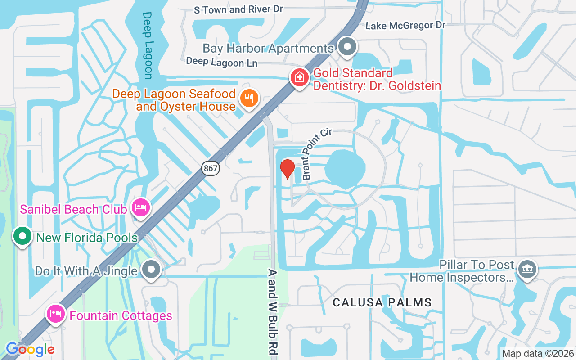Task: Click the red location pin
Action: (x=287, y=169)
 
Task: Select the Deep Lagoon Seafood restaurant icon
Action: (x=248, y=99)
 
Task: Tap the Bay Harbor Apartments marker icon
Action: (x=347, y=47)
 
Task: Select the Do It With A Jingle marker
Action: (x=151, y=270)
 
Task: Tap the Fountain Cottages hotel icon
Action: (x=55, y=314)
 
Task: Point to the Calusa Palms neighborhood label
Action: (x=382, y=302)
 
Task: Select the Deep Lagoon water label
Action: (x=147, y=45)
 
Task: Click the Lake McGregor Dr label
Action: (x=405, y=26)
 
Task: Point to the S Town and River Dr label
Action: (x=238, y=9)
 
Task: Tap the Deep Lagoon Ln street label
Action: (x=221, y=62)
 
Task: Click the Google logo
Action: (x=30, y=349)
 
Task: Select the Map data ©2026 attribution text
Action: (x=538, y=354)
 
